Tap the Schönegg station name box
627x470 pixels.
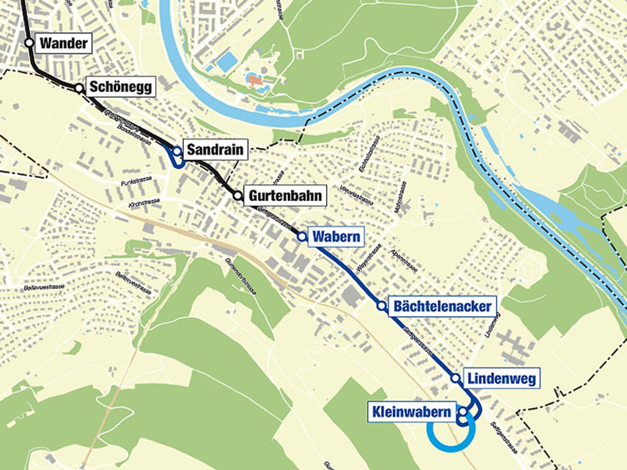pyautogui.click(x=121, y=88)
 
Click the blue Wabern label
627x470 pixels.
pyautogui.click(x=336, y=237)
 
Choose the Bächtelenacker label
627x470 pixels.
pyautogui.click(x=442, y=306)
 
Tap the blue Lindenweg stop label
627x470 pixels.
pyautogui.click(x=501, y=378)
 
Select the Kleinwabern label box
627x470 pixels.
pyautogui.click(x=411, y=412)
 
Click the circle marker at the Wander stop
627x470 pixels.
pyautogui.click(x=29, y=43)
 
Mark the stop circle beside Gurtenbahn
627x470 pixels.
pyautogui.click(x=238, y=196)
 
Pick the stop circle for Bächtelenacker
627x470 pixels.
pyautogui.click(x=381, y=306)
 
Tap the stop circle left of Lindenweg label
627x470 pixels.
pyautogui.click(x=455, y=378)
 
